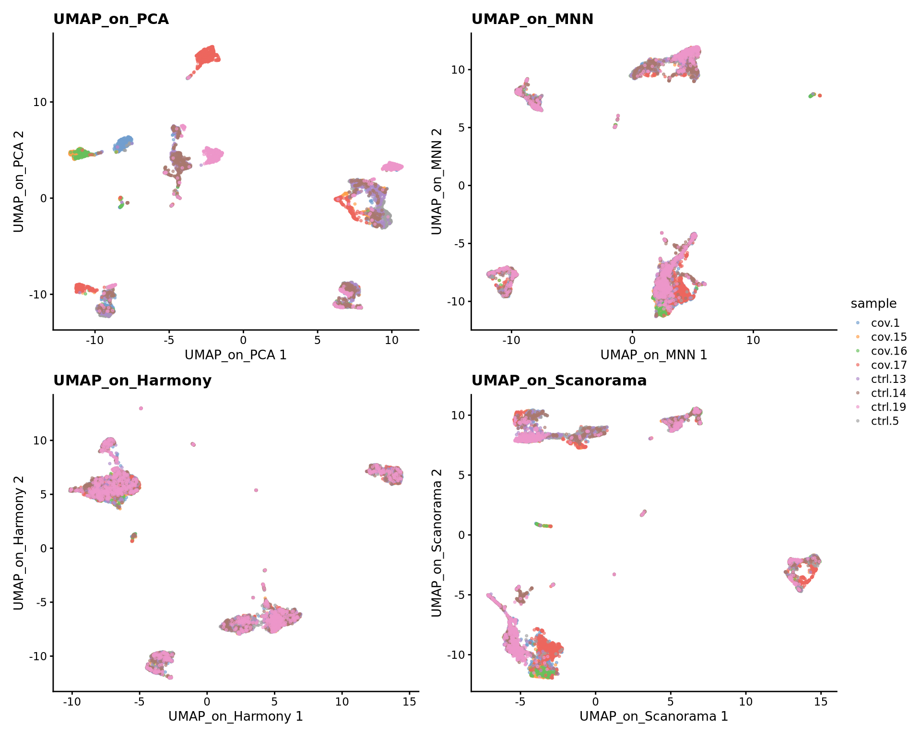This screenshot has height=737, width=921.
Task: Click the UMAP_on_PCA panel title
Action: (x=111, y=19)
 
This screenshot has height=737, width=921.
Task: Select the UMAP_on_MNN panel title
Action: (x=532, y=19)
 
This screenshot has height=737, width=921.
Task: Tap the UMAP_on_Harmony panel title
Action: (x=132, y=380)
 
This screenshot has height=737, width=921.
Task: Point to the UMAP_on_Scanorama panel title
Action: (x=559, y=380)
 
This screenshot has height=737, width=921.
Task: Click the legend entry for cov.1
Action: (x=885, y=323)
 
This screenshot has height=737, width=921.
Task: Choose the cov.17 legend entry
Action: (x=888, y=365)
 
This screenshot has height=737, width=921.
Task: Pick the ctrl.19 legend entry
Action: (x=888, y=407)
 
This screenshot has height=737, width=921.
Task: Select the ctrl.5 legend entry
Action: (x=885, y=421)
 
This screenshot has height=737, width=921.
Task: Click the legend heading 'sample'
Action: (x=874, y=304)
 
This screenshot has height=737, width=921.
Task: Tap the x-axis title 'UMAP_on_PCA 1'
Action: (x=236, y=355)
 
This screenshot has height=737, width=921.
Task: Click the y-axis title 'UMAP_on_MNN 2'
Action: (x=436, y=181)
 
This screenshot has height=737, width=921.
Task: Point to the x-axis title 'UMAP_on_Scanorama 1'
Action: (x=653, y=716)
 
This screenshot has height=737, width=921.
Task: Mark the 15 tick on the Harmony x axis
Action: (x=409, y=701)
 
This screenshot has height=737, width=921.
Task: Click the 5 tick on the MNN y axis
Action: (x=461, y=128)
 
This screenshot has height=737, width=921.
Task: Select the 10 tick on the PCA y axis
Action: (x=40, y=102)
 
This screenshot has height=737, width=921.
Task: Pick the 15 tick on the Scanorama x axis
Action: (x=821, y=701)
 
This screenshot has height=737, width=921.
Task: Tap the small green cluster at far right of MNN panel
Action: (x=812, y=95)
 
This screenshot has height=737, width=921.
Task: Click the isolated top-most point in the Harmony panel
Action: (x=141, y=408)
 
